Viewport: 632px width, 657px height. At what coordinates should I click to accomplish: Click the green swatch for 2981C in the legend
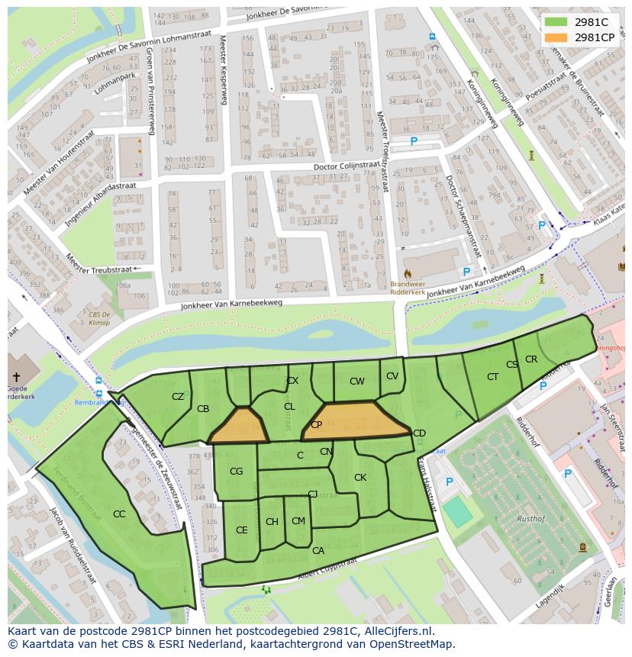click(556, 22)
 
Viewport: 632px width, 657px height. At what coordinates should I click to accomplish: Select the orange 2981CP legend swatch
click(556, 37)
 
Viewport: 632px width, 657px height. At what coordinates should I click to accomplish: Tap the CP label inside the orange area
click(316, 425)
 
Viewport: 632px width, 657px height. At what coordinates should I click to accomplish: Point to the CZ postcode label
click(178, 397)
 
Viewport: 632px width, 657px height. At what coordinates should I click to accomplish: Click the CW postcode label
click(357, 382)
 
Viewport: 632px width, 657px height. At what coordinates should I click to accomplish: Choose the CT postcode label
click(492, 377)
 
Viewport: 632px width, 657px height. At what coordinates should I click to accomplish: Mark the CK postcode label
click(360, 478)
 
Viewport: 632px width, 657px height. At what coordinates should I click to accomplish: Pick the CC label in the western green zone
click(119, 514)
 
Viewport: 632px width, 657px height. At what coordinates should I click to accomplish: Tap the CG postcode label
click(236, 472)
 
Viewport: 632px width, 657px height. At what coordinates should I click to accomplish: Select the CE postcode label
click(241, 530)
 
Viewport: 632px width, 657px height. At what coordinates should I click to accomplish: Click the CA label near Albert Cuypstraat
click(318, 550)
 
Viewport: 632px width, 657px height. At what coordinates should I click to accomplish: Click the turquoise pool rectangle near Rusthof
click(458, 512)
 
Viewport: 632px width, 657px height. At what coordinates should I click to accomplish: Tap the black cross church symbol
click(15, 377)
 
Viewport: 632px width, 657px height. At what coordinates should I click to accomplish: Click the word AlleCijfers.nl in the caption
click(396, 631)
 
